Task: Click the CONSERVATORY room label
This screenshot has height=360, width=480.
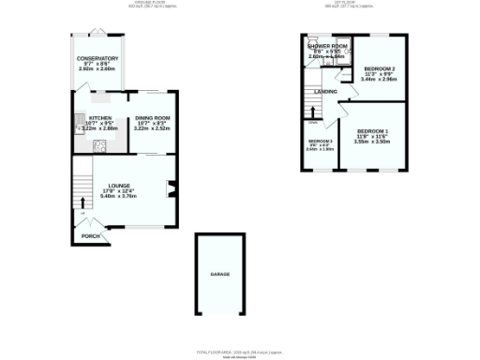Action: (x=97, y=58)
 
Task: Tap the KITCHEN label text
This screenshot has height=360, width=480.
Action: (x=99, y=118)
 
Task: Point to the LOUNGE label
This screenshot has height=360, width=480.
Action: (x=118, y=186)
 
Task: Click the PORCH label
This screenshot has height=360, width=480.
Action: (x=90, y=236)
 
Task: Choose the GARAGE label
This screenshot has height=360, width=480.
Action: (x=219, y=274)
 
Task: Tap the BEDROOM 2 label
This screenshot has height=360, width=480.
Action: (x=380, y=69)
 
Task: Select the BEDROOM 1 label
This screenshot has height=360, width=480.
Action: (x=372, y=131)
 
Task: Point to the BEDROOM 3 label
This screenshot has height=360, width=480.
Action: (x=320, y=141)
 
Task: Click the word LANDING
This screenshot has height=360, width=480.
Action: (x=326, y=91)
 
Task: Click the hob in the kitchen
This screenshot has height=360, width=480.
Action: (x=98, y=145)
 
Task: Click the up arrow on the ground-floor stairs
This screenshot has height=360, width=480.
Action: (x=82, y=201)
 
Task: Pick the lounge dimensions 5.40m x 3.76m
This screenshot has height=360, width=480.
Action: (x=118, y=197)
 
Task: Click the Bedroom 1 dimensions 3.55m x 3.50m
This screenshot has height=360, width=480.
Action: (x=372, y=142)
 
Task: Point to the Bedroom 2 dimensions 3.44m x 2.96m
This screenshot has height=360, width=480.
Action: (x=380, y=80)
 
